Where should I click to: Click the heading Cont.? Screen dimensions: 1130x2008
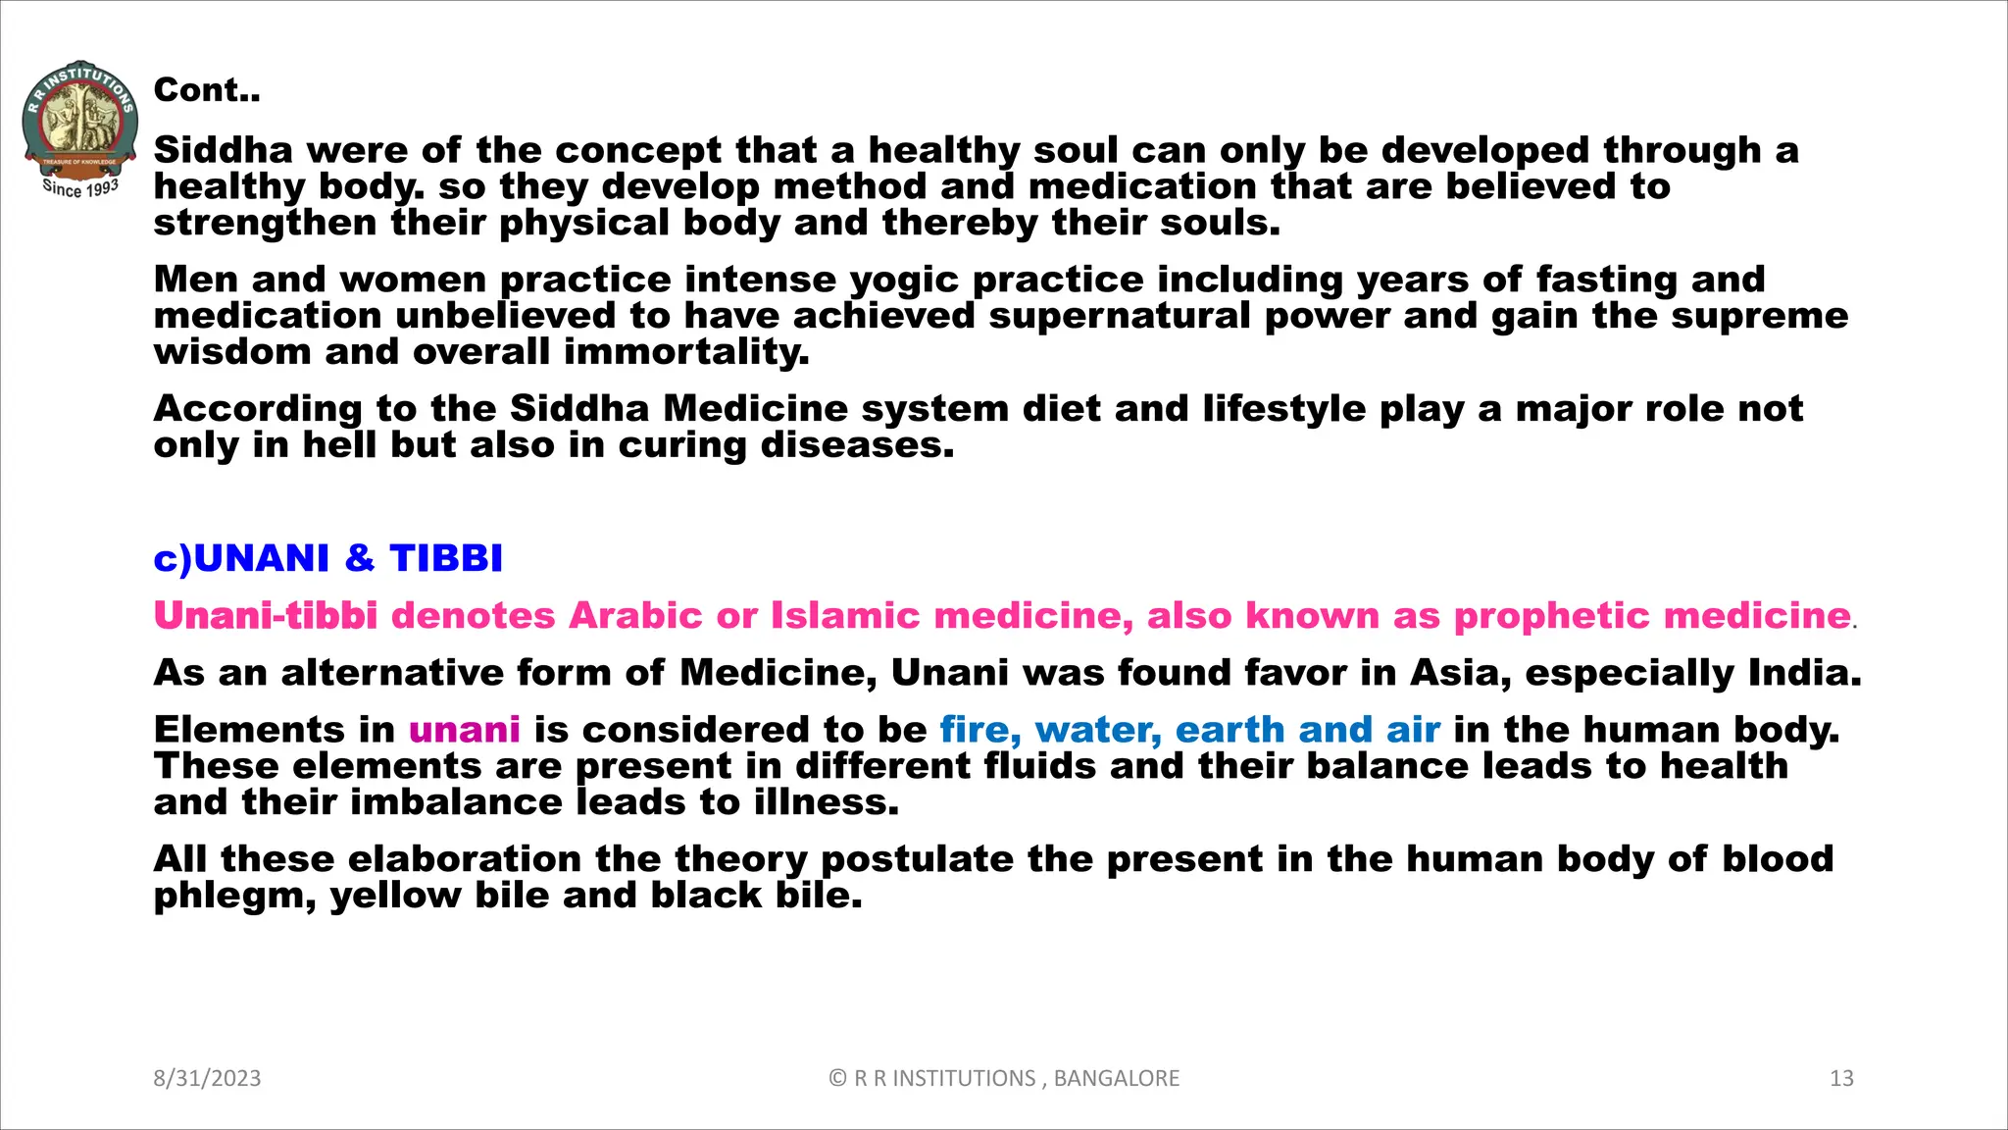pos(206,90)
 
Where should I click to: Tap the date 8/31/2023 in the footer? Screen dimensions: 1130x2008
pos(207,1078)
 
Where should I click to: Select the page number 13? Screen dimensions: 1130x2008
pos(1841,1078)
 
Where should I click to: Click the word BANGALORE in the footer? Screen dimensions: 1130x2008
pos(1116,1078)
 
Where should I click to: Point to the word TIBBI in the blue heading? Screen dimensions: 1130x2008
pos(446,558)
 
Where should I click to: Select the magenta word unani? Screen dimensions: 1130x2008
pos(464,730)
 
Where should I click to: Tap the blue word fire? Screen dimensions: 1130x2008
pos(980,730)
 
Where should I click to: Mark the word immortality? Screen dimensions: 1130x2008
pos(686,352)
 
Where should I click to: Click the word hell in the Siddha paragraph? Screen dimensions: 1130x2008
pos(339,445)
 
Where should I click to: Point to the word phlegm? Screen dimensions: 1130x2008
pos(234,897)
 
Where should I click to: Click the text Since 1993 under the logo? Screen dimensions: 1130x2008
pos(80,187)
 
